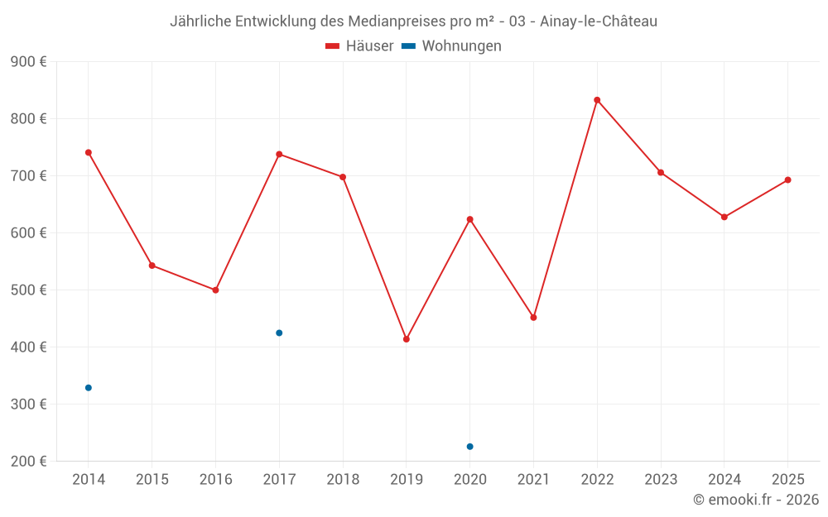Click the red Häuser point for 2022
point(597,100)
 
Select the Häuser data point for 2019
point(407,339)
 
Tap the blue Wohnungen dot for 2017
point(279,333)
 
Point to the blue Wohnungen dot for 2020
point(470,447)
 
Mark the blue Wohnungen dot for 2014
point(89,388)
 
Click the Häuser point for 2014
point(89,152)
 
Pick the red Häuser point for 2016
point(215,290)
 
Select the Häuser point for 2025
point(787,180)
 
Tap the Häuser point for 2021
point(533,318)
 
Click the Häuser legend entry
point(359,46)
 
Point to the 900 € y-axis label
point(28,62)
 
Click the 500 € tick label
point(28,290)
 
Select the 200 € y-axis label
point(28,462)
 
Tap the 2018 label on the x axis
point(343,479)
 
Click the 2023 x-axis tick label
point(661,479)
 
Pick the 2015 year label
point(152,479)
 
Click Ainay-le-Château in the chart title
point(599,22)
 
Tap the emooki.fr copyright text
point(756,500)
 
